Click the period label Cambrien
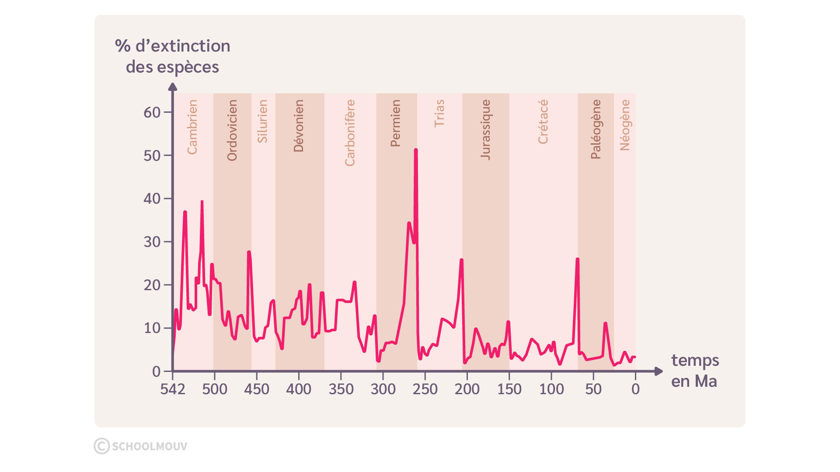(x=192, y=127)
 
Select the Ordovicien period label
(x=232, y=130)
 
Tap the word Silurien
(x=262, y=121)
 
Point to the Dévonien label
(x=299, y=126)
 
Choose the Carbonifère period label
(x=350, y=133)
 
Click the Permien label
(x=396, y=123)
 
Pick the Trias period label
(x=439, y=113)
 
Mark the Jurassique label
(x=486, y=129)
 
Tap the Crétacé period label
(x=543, y=121)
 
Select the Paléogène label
(x=596, y=129)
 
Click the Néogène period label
(x=625, y=125)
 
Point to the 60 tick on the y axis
(x=152, y=112)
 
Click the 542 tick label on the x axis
(x=173, y=389)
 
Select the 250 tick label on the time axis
(x=425, y=389)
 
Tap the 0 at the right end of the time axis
(x=635, y=389)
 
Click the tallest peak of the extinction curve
(x=416, y=150)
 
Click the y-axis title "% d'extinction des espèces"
(x=173, y=56)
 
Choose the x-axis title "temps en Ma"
(x=695, y=371)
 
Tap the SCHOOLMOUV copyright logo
(x=141, y=446)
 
